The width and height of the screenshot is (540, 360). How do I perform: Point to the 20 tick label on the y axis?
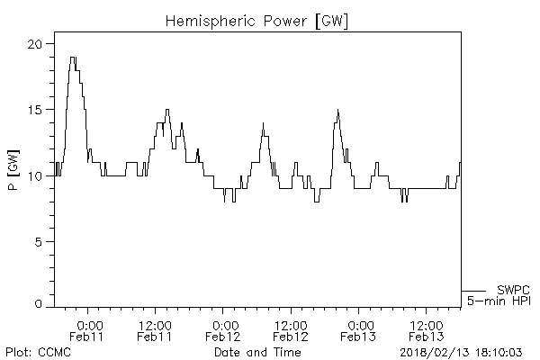pyautogui.click(x=36, y=44)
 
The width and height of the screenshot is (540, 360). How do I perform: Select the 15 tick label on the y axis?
pyautogui.click(x=36, y=110)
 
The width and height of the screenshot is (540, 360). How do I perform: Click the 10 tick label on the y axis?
pyautogui.click(x=36, y=175)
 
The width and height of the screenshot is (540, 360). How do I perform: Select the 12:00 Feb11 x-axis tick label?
pyautogui.click(x=155, y=330)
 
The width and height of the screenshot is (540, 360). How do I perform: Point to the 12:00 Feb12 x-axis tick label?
pyautogui.click(x=291, y=330)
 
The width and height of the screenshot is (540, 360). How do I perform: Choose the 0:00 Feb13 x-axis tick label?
pyautogui.click(x=360, y=330)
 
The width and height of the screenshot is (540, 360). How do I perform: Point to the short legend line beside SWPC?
pyautogui.click(x=473, y=291)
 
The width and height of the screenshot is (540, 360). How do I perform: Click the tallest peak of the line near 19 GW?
pyautogui.click(x=72, y=58)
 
